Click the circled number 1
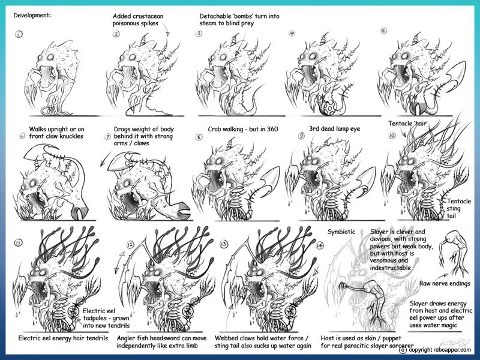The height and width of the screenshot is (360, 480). tap(19, 34)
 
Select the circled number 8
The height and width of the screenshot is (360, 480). tap(199, 136)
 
